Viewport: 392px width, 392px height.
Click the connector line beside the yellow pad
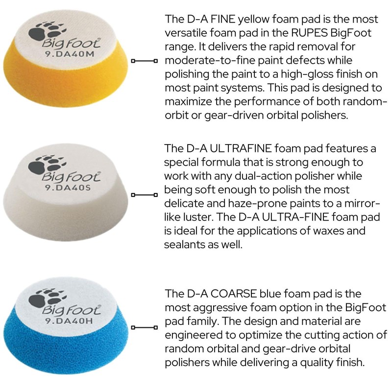144,61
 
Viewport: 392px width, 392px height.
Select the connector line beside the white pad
144,195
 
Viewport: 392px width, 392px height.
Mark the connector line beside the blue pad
144,327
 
